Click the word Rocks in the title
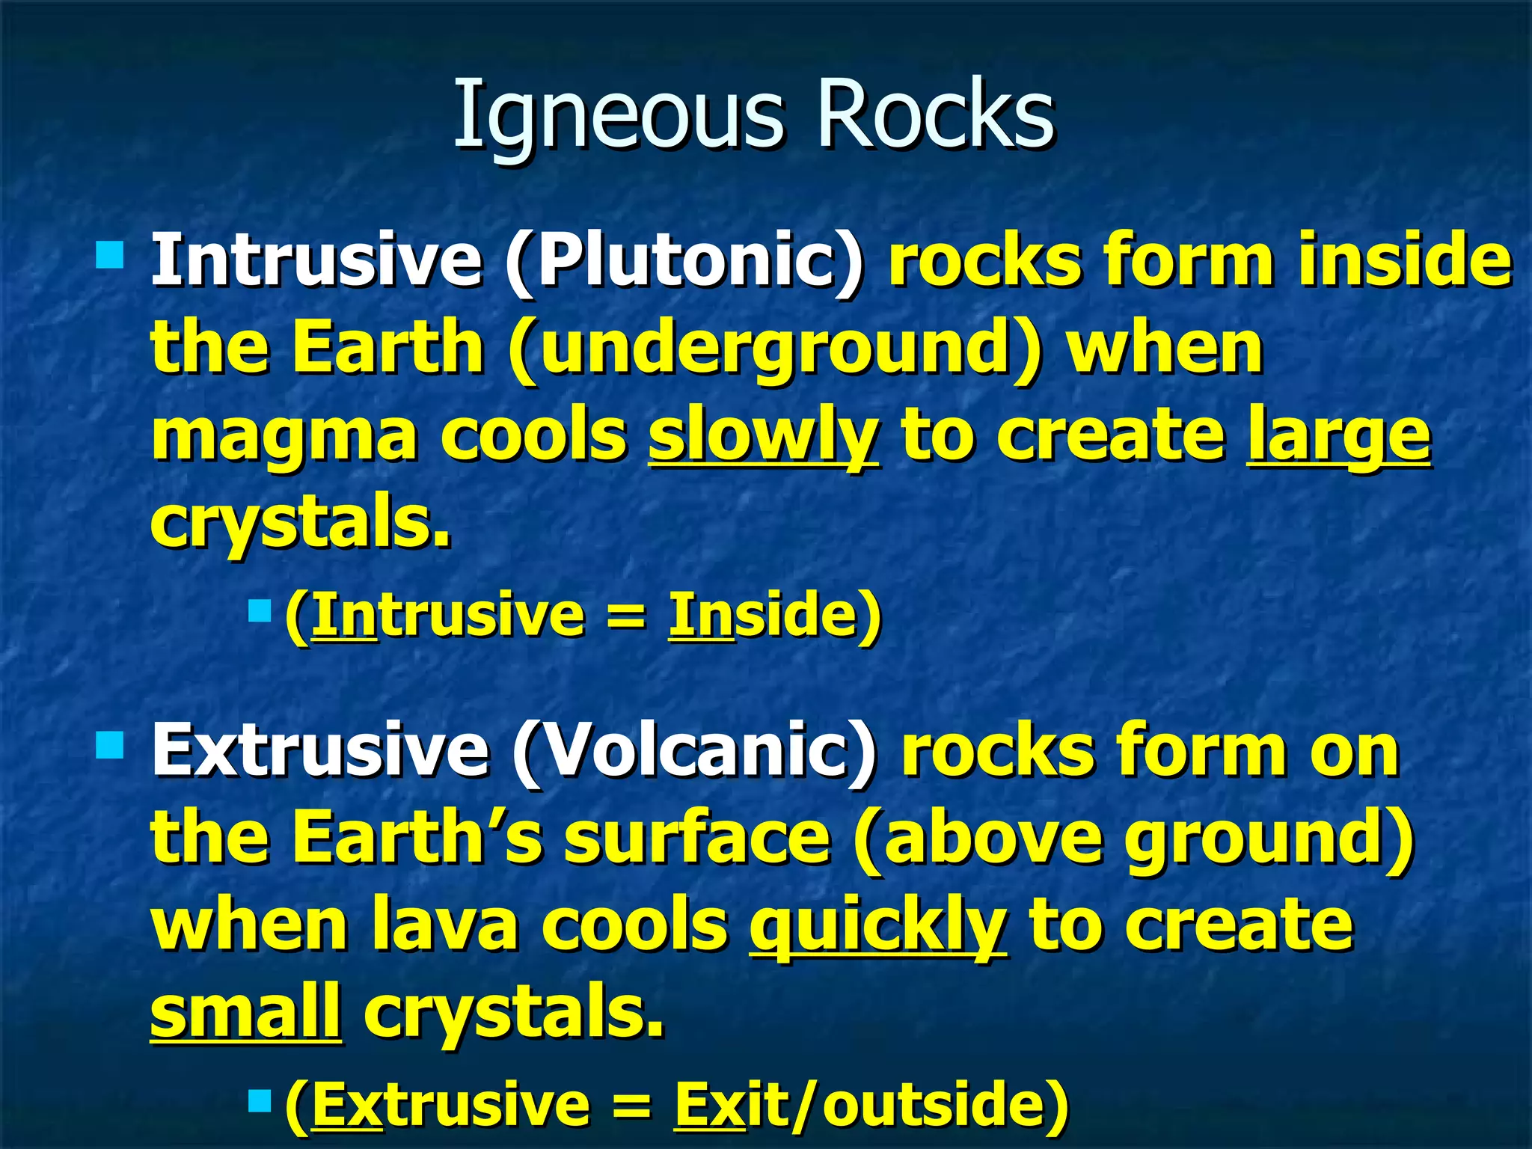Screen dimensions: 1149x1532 point(935,114)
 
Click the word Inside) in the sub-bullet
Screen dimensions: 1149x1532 point(775,615)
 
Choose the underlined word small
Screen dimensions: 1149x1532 point(246,1011)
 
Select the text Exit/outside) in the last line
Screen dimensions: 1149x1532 point(871,1105)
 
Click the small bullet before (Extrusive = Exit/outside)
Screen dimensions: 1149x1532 point(259,1100)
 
